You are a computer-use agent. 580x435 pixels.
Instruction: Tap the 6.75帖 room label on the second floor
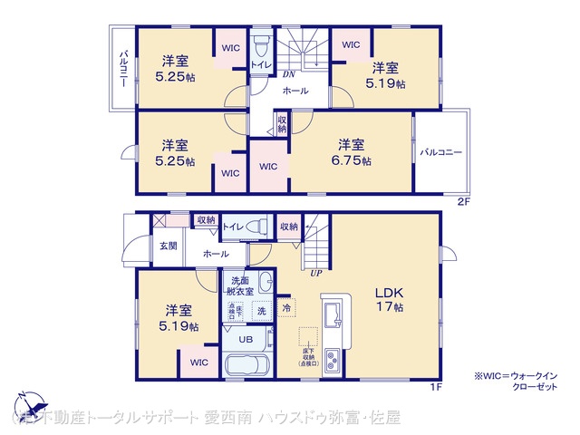(x=352, y=151)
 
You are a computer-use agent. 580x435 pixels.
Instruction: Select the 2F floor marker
(x=462, y=201)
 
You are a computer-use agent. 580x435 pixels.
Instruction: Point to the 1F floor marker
(x=435, y=388)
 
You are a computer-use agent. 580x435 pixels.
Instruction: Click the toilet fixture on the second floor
(x=260, y=45)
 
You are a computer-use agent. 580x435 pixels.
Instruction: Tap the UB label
(x=246, y=339)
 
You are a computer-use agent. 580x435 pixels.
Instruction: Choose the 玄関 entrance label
(x=169, y=246)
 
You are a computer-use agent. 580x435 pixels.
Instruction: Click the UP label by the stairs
(x=315, y=272)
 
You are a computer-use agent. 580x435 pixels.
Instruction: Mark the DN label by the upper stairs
(x=289, y=74)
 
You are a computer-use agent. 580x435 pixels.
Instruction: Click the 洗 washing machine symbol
(x=261, y=311)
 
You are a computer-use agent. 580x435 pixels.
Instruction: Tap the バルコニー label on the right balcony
(x=441, y=152)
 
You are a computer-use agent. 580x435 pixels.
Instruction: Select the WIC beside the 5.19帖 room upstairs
(x=351, y=44)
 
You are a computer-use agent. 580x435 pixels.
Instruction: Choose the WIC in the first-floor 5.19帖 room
(x=199, y=362)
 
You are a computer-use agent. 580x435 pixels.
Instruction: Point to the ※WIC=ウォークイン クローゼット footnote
(x=517, y=381)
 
